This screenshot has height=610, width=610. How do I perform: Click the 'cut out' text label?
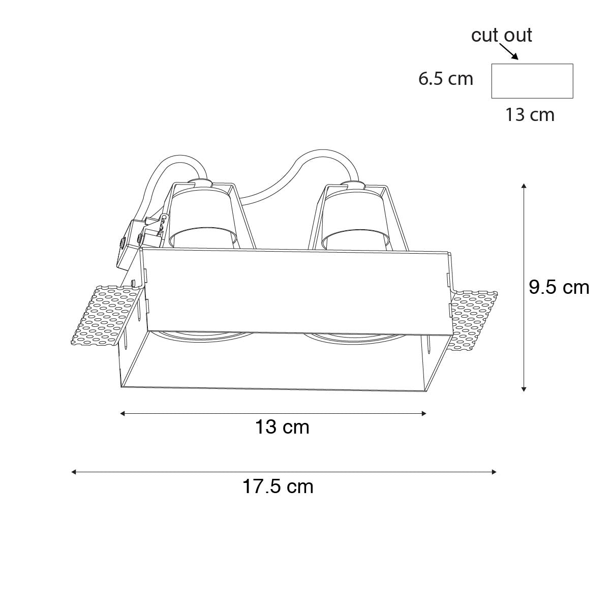point(501,35)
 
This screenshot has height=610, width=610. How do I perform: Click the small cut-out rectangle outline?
point(532,64)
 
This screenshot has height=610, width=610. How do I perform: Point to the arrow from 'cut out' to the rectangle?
point(509,52)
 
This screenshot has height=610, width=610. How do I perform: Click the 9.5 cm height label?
point(559,287)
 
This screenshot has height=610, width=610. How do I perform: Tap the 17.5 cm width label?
point(278,486)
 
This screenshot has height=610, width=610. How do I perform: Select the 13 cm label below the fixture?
point(282,427)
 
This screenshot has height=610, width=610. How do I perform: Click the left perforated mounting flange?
point(106,316)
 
